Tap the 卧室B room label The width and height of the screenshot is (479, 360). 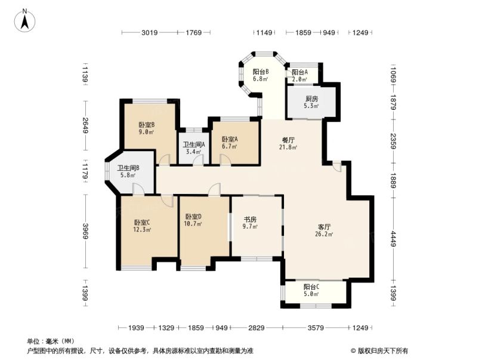pyautogui.click(x=147, y=128)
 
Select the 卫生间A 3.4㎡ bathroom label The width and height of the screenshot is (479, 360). pyautogui.click(x=194, y=147)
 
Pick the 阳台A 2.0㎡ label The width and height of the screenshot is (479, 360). pyautogui.click(x=299, y=75)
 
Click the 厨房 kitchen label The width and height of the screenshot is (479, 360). pyautogui.click(x=311, y=102)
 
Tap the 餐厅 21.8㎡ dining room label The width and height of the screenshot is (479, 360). pyautogui.click(x=289, y=144)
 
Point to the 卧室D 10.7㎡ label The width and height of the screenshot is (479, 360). pyautogui.click(x=193, y=220)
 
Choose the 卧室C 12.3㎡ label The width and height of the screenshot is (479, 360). pyautogui.click(x=142, y=226)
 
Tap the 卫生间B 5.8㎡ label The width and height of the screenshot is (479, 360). pyautogui.click(x=128, y=172)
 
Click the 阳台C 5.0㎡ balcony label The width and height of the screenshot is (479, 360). pyautogui.click(x=311, y=290)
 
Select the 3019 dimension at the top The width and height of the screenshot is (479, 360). pyautogui.click(x=149, y=33)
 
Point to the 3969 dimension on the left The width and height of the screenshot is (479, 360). pyautogui.click(x=85, y=230)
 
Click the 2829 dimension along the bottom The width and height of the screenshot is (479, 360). pyautogui.click(x=257, y=328)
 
